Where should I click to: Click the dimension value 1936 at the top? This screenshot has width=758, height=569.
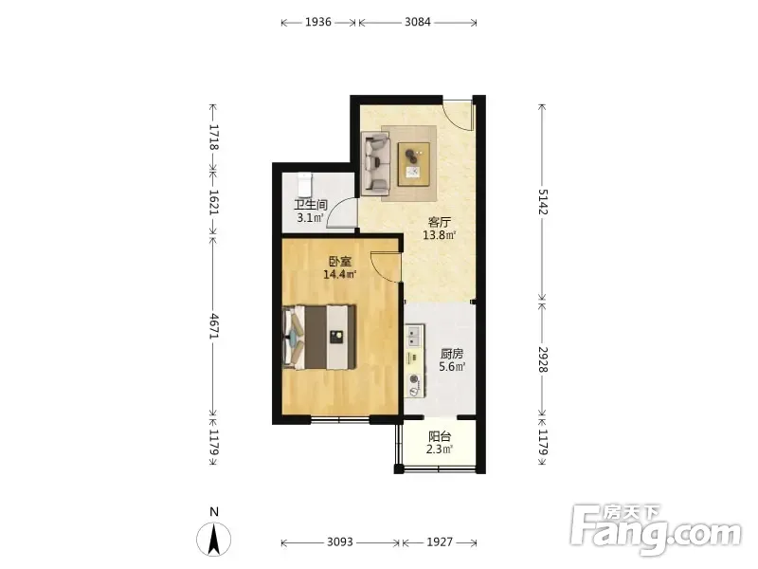318,22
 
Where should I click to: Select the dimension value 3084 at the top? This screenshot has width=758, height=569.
418,22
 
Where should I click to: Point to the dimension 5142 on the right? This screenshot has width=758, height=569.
543,201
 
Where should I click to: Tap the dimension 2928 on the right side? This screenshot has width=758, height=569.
543,359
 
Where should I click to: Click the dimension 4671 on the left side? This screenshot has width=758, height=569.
213,326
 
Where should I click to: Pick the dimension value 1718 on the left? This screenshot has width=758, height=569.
213,137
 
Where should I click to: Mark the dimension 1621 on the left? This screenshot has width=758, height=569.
213,202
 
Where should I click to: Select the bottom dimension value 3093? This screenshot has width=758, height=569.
340,541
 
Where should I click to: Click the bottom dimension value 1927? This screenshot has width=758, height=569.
440,541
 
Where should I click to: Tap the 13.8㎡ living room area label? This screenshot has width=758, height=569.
440,235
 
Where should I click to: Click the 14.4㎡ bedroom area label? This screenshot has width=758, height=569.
340,275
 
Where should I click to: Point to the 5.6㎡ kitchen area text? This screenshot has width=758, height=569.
452,367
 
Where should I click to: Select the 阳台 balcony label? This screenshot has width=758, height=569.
440,436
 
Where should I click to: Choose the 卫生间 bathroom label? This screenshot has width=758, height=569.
311,205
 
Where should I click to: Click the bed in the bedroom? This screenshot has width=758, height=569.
319,338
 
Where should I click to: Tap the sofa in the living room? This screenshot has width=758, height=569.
376,164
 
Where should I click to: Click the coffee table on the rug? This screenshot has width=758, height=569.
413,164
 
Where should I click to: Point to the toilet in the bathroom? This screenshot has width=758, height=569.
304,183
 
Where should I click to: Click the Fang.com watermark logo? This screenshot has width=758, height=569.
655,530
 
